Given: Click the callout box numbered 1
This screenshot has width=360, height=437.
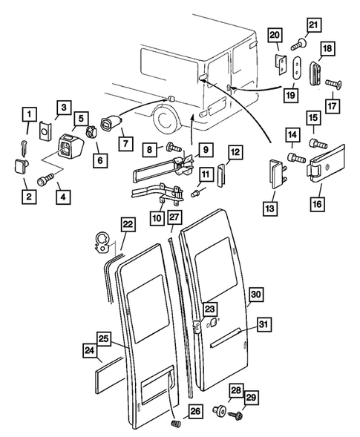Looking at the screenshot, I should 29,115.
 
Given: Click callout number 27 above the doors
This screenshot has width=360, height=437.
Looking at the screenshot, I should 174,217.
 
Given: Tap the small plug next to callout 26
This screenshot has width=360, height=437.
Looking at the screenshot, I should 177,423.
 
